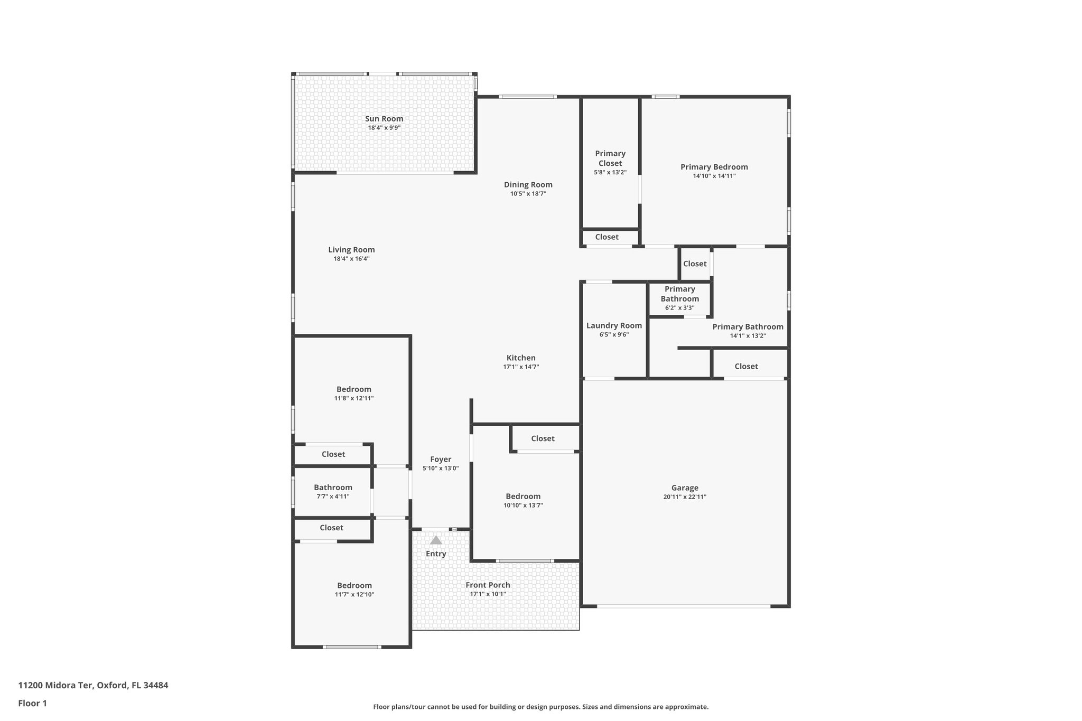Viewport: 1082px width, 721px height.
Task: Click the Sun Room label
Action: (x=384, y=119)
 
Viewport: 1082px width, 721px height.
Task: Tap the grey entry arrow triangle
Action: (x=436, y=540)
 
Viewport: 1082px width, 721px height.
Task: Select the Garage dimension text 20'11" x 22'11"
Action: (x=685, y=497)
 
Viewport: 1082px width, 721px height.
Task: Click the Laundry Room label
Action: (x=614, y=326)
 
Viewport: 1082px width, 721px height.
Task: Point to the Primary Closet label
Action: (x=610, y=158)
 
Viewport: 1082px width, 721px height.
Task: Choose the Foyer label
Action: (x=441, y=460)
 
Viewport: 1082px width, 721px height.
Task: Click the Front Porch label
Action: (x=488, y=585)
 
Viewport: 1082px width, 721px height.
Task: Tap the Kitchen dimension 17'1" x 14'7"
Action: (x=521, y=367)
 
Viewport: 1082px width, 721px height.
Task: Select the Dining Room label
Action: (x=528, y=185)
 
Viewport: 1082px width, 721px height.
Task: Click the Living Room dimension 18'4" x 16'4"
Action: (x=351, y=259)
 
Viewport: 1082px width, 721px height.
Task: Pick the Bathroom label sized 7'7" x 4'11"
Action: (x=333, y=488)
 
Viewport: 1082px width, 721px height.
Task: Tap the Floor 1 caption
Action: (x=33, y=703)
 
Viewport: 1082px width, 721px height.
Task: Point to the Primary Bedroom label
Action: (x=714, y=167)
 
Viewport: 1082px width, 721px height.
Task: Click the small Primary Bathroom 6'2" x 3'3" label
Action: (x=679, y=294)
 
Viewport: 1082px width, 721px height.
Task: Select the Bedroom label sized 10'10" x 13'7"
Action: (x=523, y=497)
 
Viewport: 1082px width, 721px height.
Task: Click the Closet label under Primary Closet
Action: (x=607, y=237)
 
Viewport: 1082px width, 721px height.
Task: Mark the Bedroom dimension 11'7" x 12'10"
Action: (x=355, y=595)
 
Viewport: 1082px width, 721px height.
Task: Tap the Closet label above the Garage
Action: (x=746, y=366)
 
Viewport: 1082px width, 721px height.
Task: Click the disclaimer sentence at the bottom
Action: (x=540, y=707)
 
